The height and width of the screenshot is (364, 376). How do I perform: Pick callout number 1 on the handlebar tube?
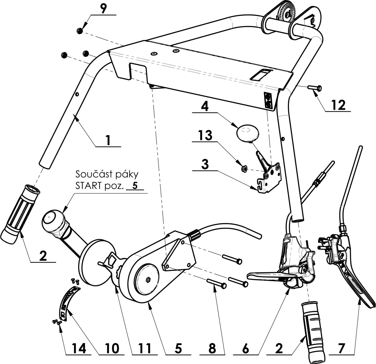coord(108,141)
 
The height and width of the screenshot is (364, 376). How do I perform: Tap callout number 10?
coord(112,348)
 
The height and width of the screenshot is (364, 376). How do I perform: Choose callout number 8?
coord(212,348)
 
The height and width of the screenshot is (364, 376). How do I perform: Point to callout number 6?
coord(245,348)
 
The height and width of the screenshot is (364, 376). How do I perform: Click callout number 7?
coord(342,348)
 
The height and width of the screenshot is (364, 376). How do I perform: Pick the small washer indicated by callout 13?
coord(244,168)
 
